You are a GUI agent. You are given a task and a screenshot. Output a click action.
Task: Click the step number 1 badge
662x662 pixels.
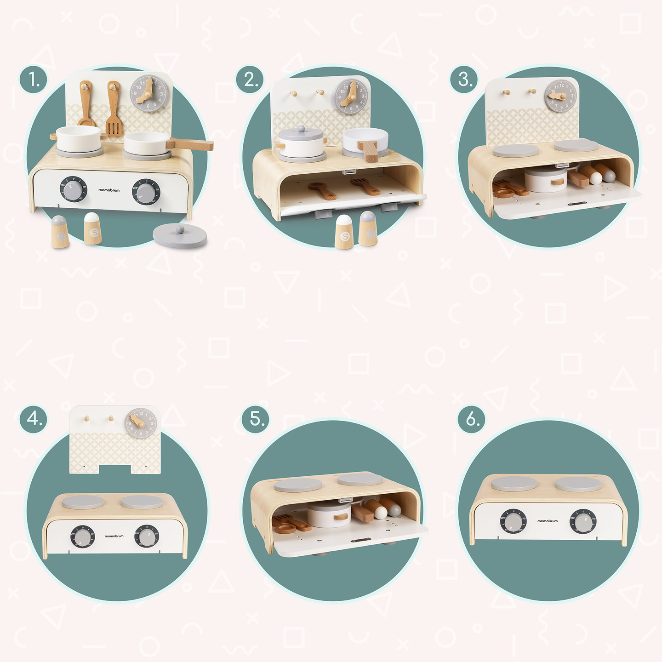tap(33, 80)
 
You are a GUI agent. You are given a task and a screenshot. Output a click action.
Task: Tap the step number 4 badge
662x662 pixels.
tap(33, 419)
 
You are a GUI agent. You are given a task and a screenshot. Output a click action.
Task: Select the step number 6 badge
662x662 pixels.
tap(471, 419)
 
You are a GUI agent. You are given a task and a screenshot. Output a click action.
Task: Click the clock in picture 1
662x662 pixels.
tap(148, 93)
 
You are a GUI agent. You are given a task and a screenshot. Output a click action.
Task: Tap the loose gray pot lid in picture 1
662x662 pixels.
tap(180, 235)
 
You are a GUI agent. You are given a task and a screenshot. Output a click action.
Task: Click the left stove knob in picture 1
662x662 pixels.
tap(73, 189)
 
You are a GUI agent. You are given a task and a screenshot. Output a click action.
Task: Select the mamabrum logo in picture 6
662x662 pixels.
tap(547, 521)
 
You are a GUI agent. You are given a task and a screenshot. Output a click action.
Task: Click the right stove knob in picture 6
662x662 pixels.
tap(583, 522)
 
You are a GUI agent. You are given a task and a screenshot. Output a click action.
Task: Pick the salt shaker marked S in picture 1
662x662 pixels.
tap(93, 229)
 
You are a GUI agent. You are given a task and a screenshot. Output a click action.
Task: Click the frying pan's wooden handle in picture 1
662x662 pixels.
tap(191, 145)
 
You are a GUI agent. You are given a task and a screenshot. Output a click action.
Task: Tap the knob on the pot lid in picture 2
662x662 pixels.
tap(301, 129)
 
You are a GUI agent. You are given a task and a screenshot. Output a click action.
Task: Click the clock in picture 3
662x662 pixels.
tap(560, 96)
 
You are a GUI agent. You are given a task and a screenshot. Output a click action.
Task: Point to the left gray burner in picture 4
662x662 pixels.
tap(83, 502)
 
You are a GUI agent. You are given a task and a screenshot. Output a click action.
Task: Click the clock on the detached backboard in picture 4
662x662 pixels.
tap(141, 423)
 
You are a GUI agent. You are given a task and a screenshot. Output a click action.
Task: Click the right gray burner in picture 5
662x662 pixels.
tap(360, 479)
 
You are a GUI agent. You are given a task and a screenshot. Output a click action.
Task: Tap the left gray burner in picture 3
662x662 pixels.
tap(515, 151)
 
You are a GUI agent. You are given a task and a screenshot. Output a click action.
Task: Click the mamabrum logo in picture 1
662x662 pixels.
tap(109, 190)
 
